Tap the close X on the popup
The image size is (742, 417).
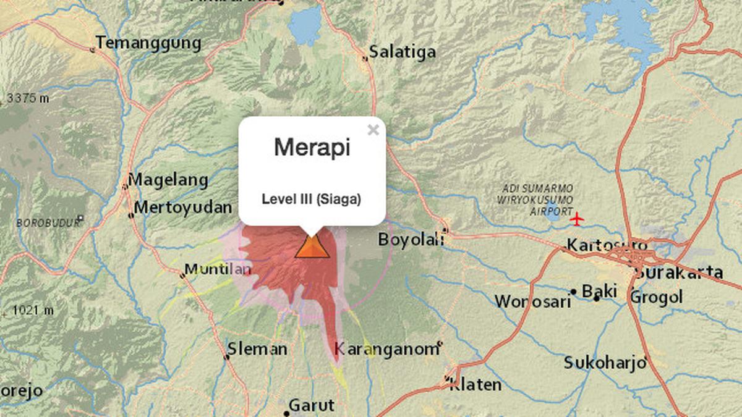point(373,130)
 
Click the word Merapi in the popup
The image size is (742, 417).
point(312,148)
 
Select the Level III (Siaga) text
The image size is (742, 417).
point(312,200)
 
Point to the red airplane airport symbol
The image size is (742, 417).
point(576,219)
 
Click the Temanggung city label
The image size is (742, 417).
point(148,43)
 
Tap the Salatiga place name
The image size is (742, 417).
point(403,51)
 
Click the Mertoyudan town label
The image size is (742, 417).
point(183,207)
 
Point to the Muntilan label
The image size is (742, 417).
point(218,269)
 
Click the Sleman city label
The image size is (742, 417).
point(257,349)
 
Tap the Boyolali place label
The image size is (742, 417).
point(411,239)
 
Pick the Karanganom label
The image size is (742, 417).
point(386,350)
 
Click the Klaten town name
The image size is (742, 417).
point(475,384)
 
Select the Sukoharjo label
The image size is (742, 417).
point(605,363)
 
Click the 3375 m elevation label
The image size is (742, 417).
point(28,98)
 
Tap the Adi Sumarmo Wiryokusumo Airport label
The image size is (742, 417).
point(535,200)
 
